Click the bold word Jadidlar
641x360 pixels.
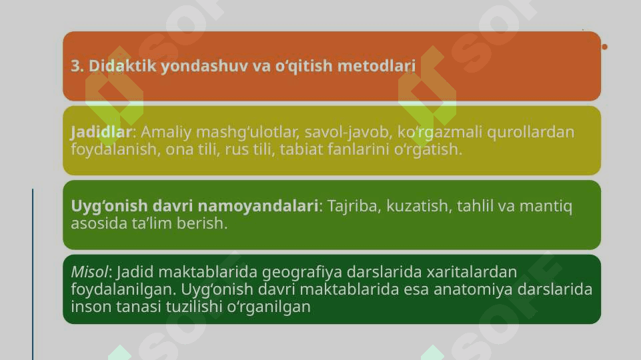pyautogui.click(x=101, y=132)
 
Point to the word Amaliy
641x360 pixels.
pyautogui.click(x=166, y=133)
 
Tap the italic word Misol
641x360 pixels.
pyautogui.click(x=89, y=272)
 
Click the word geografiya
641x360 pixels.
pyautogui.click(x=301, y=272)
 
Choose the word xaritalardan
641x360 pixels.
pyautogui.click(x=472, y=272)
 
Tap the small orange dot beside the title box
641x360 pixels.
pyautogui.click(x=604, y=47)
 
